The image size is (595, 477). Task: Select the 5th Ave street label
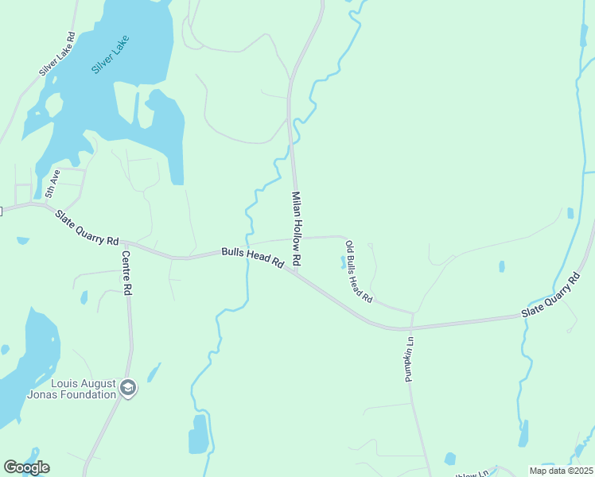(x=52, y=184)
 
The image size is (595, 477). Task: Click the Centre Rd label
(x=126, y=273)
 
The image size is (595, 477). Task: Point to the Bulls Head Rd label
(x=253, y=257)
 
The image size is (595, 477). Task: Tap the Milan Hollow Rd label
(x=297, y=228)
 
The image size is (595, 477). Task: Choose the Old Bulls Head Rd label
(x=360, y=273)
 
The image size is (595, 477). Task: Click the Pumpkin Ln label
(x=410, y=358)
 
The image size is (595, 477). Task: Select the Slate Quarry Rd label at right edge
(x=551, y=297)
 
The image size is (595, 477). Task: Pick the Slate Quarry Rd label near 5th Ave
(x=87, y=227)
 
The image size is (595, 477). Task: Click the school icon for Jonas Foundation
(x=128, y=388)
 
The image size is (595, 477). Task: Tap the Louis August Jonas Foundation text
(x=72, y=389)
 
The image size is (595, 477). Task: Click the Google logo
(x=26, y=467)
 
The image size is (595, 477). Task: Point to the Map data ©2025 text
(x=561, y=471)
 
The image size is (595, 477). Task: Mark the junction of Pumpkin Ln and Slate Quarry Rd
(x=411, y=327)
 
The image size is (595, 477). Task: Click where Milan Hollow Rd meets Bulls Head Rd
(x=296, y=274)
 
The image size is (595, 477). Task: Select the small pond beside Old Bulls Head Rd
(x=343, y=261)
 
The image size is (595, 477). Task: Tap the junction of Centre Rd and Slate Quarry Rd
(x=124, y=242)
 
